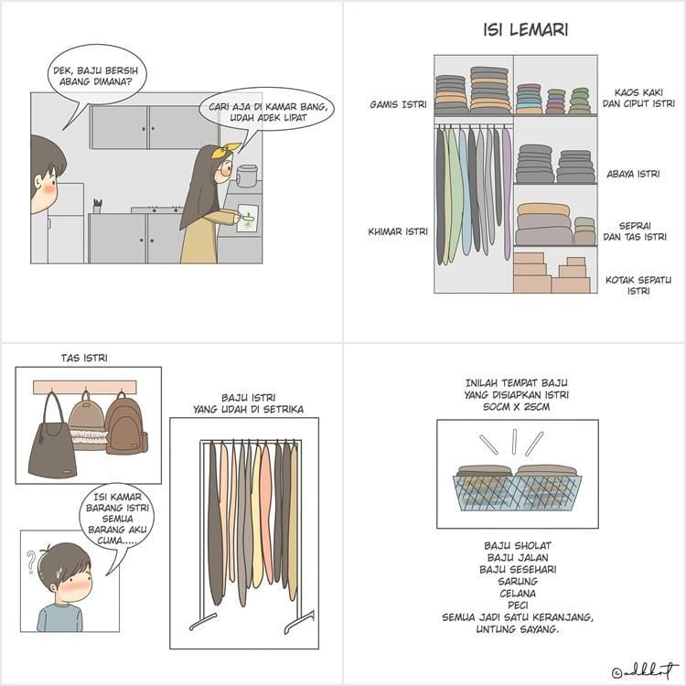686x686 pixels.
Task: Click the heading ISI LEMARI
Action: (525, 30)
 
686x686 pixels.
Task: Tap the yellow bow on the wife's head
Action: (226, 150)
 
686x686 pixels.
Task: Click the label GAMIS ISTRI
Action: (398, 104)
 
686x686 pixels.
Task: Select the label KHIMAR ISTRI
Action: (398, 231)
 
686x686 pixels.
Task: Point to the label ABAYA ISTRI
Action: (633, 174)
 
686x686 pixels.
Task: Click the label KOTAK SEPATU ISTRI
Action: (638, 285)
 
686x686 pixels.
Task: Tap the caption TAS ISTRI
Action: (84, 358)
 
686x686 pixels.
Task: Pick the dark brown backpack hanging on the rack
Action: (126, 425)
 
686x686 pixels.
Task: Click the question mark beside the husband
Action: (31, 563)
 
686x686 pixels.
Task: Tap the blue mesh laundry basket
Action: (517, 493)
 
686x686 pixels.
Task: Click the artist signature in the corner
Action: (646, 671)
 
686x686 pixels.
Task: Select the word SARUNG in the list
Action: (518, 582)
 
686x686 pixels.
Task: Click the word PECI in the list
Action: (518, 606)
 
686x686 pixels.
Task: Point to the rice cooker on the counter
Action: (247, 176)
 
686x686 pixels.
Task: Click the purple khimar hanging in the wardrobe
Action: (507, 192)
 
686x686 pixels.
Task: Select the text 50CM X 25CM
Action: (516, 406)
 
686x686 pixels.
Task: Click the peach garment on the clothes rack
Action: (266, 512)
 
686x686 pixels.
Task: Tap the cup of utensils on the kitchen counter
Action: (97, 206)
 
